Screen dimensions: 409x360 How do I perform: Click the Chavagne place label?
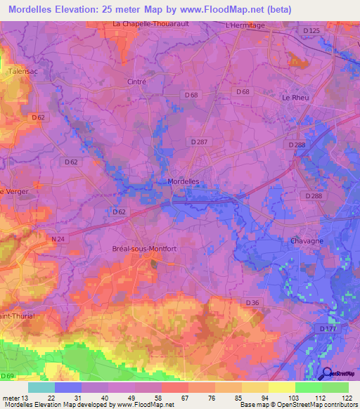306,241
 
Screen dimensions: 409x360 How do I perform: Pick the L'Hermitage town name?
245,25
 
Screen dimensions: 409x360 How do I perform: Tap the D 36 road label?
253,303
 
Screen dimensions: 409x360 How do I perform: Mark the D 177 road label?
328,329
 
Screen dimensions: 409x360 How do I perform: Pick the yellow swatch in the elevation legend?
281,387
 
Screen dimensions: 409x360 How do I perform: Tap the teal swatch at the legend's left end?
41,387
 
